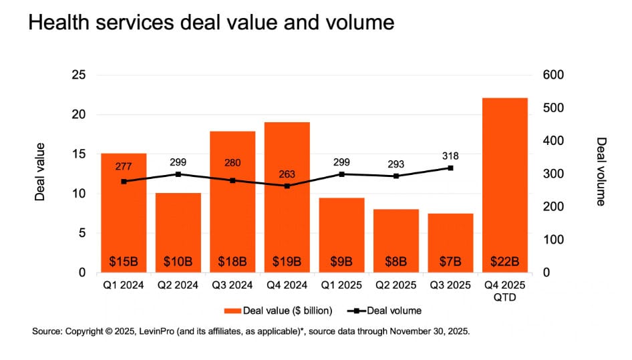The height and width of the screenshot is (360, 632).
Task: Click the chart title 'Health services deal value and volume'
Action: (211, 23)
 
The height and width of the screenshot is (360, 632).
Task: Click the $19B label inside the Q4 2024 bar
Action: (287, 261)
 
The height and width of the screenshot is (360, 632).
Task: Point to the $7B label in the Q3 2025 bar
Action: (450, 261)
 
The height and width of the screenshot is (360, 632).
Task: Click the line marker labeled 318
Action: (450, 168)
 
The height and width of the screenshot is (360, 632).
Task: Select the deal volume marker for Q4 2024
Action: (287, 186)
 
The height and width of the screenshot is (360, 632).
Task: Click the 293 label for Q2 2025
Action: (396, 162)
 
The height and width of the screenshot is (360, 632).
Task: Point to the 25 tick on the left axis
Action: (79, 75)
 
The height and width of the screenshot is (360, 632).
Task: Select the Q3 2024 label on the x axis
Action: (232, 286)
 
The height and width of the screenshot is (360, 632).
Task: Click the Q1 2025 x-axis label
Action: (341, 286)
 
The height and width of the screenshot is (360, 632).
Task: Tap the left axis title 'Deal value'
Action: (40, 172)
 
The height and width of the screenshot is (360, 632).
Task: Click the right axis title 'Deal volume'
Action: (601, 172)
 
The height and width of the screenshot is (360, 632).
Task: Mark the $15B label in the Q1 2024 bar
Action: (124, 261)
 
